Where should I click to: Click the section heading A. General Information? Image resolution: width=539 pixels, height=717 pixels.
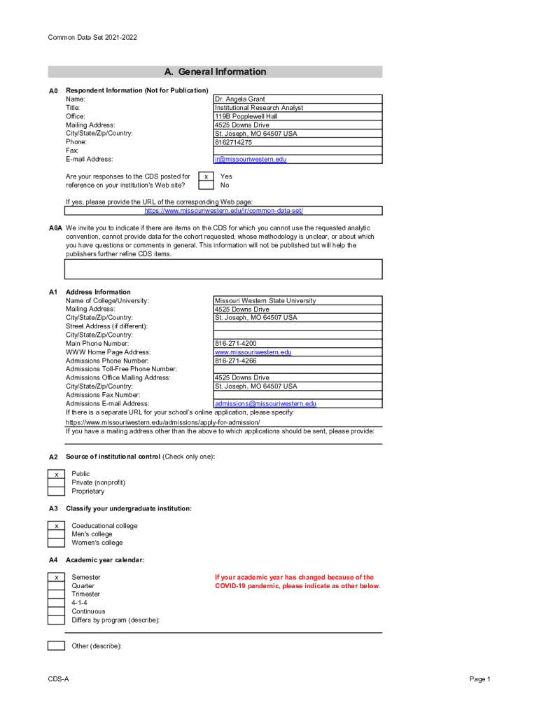[215, 71]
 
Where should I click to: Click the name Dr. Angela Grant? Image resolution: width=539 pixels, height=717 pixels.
[240, 99]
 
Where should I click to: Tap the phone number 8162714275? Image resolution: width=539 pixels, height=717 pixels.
[233, 142]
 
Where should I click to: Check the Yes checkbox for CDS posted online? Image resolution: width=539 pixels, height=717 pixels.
[206, 177]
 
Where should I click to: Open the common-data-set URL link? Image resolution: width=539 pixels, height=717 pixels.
[224, 211]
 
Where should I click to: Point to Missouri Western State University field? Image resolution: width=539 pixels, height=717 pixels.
[265, 300]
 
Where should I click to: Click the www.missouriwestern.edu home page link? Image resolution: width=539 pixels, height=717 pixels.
[253, 352]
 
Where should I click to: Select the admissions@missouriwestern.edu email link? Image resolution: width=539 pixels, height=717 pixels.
[265, 403]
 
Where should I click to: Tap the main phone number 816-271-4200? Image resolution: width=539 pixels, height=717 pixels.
[235, 344]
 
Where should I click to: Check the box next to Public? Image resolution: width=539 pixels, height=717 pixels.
[56, 474]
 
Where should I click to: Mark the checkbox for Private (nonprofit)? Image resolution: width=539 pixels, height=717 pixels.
[56, 482]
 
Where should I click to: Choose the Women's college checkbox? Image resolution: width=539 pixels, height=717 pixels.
[56, 543]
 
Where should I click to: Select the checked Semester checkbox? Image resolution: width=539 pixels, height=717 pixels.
[56, 577]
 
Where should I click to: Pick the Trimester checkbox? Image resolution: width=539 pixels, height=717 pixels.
[56, 594]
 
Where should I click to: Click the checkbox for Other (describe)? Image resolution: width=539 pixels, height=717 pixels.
[56, 646]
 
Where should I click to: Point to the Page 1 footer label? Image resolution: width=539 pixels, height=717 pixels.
[479, 679]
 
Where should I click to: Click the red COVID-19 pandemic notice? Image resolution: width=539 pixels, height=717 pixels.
[297, 582]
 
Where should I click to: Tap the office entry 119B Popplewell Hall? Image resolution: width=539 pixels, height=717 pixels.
[246, 116]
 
